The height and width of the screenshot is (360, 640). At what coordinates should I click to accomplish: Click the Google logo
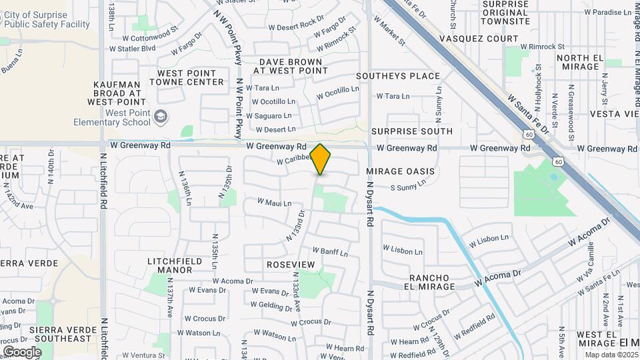coord(22,351)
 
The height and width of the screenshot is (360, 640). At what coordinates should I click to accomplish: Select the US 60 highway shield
coord(558,161)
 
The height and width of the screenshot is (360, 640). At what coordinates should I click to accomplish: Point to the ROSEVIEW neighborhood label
coord(290,265)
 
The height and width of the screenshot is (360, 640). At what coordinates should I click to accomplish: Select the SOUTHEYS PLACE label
coord(398,76)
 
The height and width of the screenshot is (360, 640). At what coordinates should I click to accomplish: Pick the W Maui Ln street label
coord(275,202)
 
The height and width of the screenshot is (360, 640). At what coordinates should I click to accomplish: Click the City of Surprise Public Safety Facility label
coord(45,20)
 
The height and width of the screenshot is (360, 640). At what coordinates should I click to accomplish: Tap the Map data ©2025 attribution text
coord(611,355)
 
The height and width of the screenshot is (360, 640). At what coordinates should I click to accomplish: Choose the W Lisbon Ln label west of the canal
coord(403,251)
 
